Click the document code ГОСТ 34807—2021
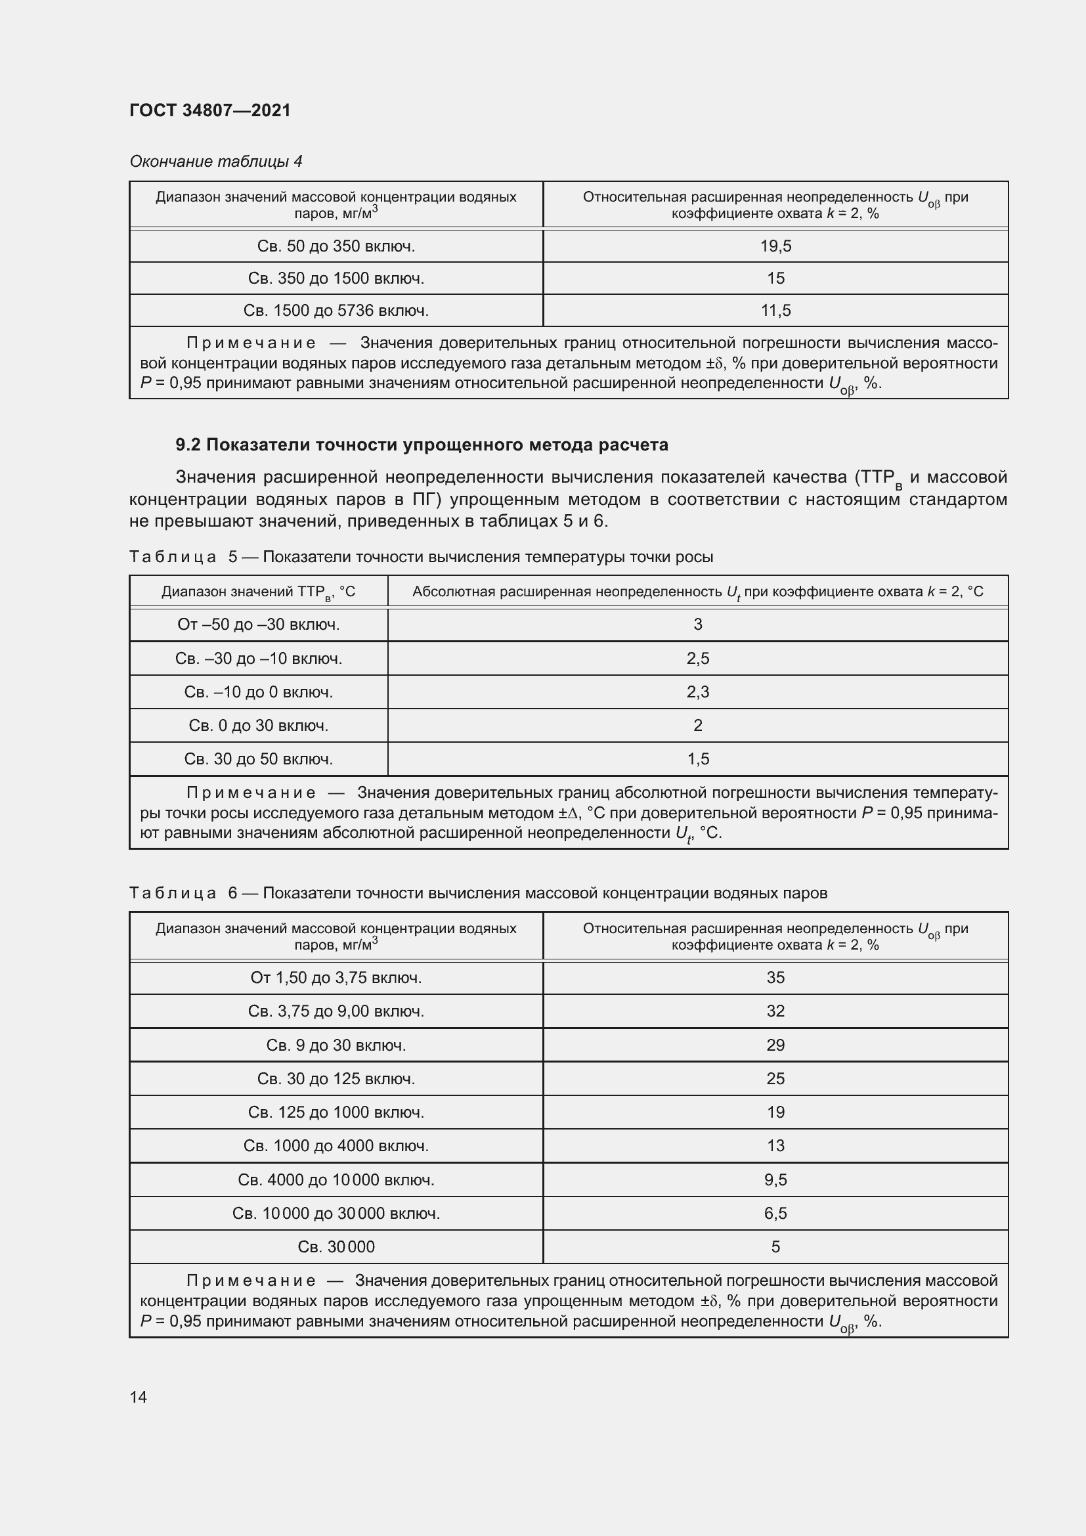210,110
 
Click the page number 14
139,1397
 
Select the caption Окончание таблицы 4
215,162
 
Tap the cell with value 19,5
775,246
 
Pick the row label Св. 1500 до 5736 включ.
336,311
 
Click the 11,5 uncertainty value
775,311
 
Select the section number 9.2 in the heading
188,445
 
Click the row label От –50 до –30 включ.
258,624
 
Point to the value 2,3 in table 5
697,691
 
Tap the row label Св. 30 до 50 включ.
258,758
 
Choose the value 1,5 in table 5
697,758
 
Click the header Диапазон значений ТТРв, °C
258,592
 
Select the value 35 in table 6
775,977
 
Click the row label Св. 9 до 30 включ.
336,1045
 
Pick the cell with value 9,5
775,1179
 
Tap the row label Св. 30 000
336,1246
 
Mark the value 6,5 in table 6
775,1213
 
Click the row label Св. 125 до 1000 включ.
336,1112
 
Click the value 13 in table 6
775,1145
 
